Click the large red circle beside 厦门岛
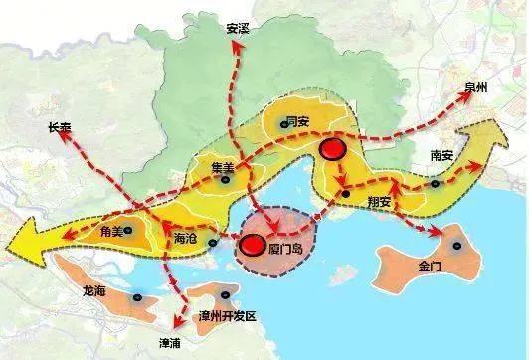[x=255, y=245]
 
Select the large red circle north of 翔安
[x=333, y=151]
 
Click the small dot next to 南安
[x=435, y=182]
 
